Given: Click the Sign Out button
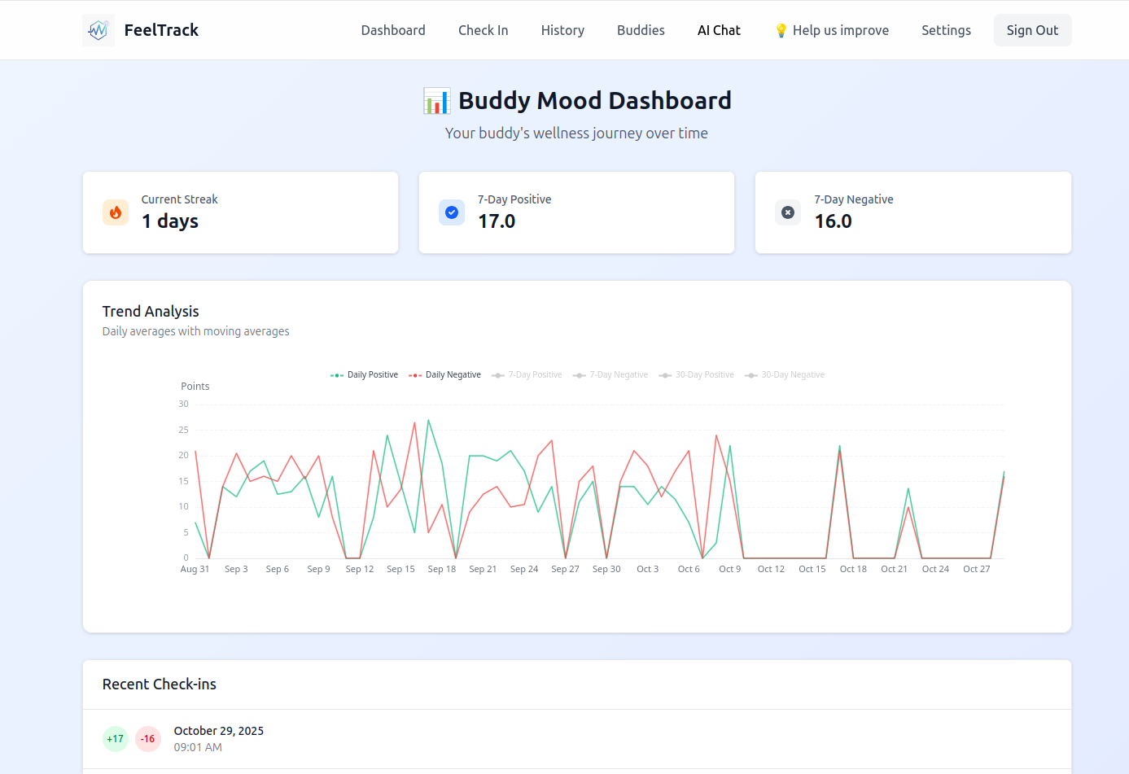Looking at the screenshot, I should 1032,30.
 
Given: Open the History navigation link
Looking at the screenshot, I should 562,30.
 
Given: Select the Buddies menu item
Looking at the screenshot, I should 641,30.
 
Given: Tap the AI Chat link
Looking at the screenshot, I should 719,30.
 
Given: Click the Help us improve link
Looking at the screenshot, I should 831,30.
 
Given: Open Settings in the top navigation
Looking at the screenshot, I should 946,30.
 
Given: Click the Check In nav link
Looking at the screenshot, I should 483,30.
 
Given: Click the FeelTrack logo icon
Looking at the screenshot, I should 98,30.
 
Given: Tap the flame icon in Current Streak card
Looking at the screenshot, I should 116,212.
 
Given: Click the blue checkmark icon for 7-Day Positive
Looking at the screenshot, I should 452,212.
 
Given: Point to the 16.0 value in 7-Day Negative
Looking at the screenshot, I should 833,221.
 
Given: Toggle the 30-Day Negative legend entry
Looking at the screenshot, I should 785,375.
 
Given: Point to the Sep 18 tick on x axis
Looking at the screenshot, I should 442,569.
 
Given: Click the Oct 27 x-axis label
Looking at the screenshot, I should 976,569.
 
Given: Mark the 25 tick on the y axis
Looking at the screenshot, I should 184,430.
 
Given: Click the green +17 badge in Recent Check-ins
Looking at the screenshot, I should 116,739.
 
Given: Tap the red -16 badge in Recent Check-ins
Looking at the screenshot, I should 147,739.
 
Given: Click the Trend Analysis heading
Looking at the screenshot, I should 151,312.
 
